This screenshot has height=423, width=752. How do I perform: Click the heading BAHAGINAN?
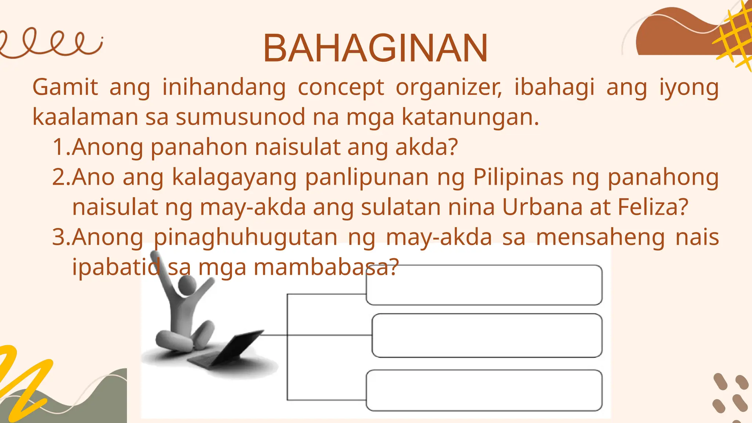(375, 48)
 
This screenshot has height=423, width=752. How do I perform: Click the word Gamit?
(65, 87)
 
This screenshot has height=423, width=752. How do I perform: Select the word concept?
(341, 88)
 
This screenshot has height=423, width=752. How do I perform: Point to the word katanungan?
(470, 117)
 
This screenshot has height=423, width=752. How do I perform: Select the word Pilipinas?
(518, 177)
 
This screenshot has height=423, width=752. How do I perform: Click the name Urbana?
(542, 207)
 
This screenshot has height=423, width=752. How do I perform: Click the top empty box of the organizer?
(484, 285)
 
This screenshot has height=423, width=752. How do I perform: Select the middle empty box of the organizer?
(487, 335)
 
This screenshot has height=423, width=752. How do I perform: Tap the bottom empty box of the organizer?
(484, 390)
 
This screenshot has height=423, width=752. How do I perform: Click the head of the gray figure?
(187, 285)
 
